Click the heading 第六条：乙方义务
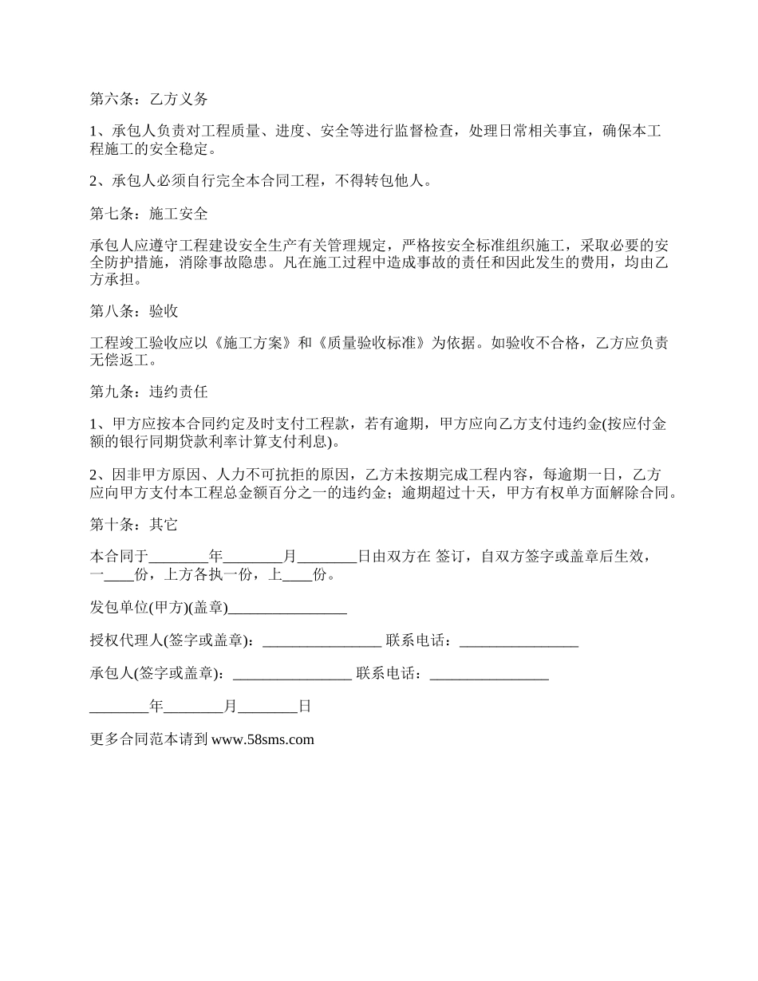coord(149,100)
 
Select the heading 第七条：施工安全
coord(149,214)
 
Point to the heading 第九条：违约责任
coord(149,392)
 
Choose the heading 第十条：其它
coord(134,524)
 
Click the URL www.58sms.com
coord(263,739)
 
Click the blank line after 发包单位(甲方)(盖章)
coord(287,609)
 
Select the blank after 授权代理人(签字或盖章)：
coord(322,640)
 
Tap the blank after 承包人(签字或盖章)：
coord(291,673)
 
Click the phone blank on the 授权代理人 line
coord(519,640)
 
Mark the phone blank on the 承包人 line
coord(488,673)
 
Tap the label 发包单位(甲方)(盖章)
coord(159,609)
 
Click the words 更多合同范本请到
coord(149,739)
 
